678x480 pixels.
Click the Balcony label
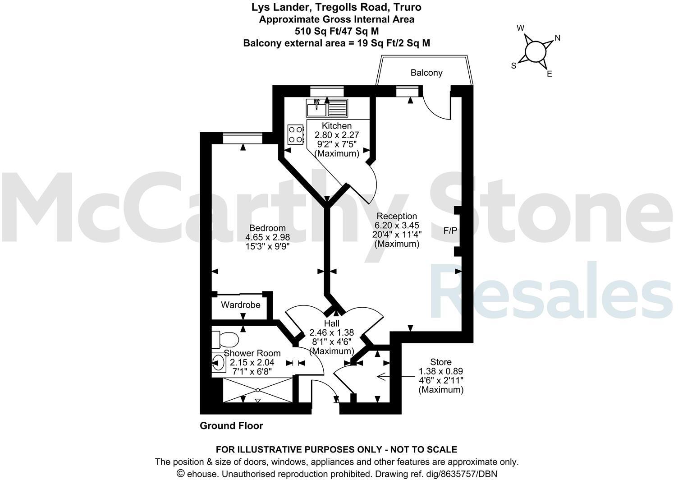[x=426, y=73]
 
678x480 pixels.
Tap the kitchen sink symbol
[x=327, y=108]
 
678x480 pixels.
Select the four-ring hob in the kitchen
[x=295, y=134]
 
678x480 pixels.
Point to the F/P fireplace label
[x=450, y=231]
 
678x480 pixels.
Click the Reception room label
[x=397, y=216]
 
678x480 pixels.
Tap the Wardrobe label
[x=241, y=305]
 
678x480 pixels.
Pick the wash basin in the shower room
[x=219, y=362]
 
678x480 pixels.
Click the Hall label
[x=331, y=323]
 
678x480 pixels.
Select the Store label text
[x=440, y=362]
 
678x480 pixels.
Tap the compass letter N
[x=557, y=38]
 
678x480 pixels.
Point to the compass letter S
[x=513, y=66]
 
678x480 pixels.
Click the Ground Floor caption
[x=231, y=426]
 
